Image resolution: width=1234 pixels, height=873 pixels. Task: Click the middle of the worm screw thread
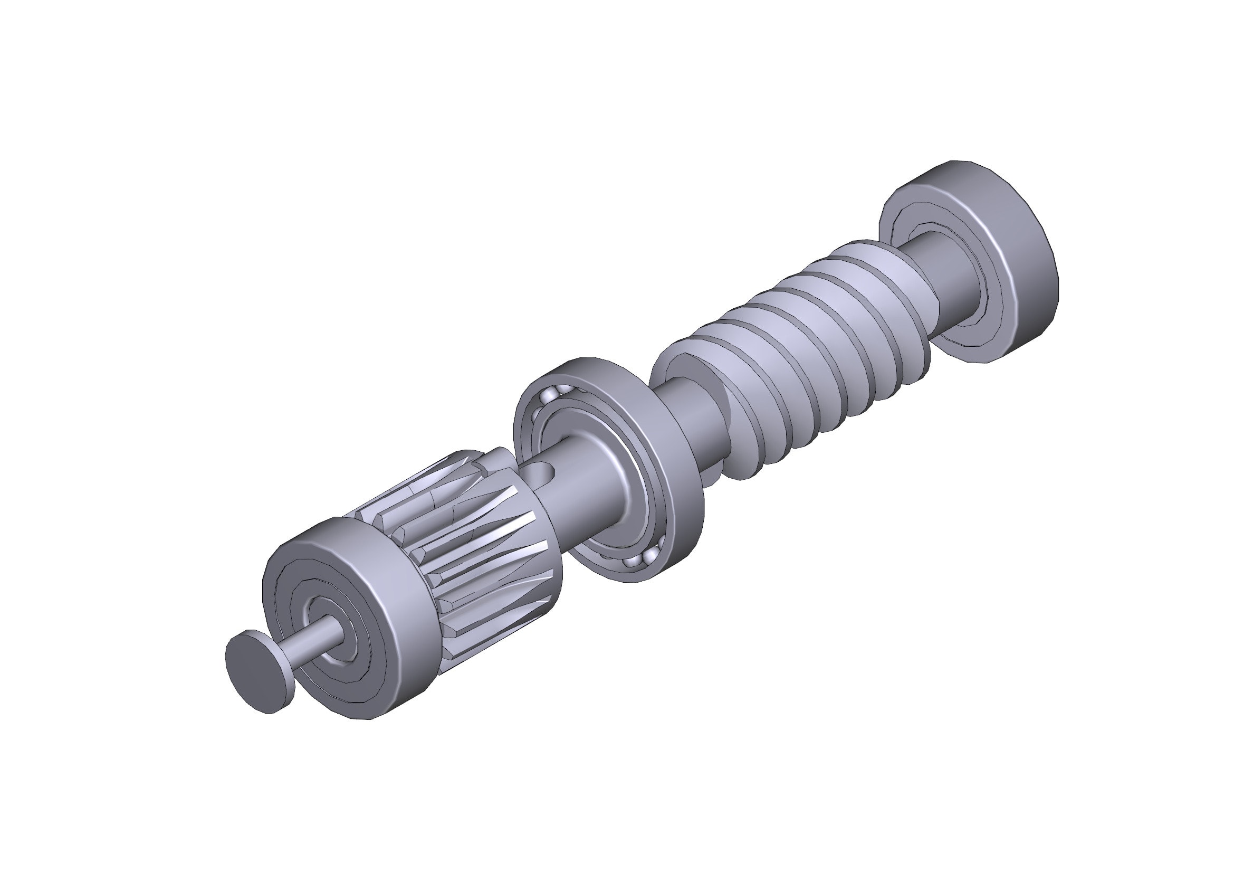pyautogui.click(x=806, y=344)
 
